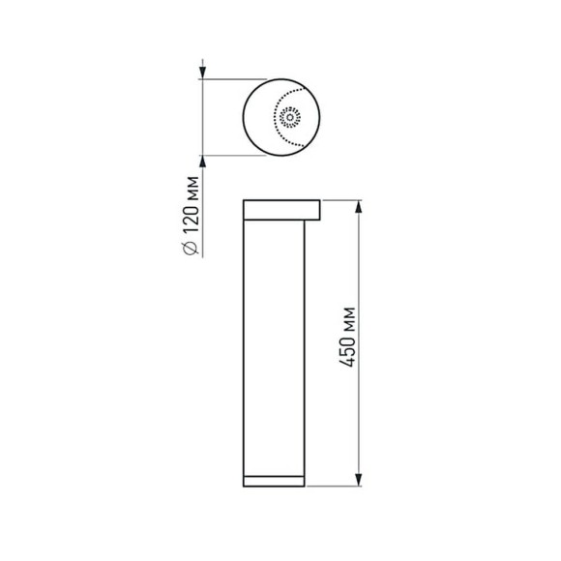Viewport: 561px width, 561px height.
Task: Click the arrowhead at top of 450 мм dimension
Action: coord(360,206)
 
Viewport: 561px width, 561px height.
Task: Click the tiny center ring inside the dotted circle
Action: coord(288,118)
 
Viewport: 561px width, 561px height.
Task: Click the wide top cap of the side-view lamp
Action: coord(281,210)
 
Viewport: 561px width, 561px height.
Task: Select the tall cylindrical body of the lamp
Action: coord(275,348)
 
